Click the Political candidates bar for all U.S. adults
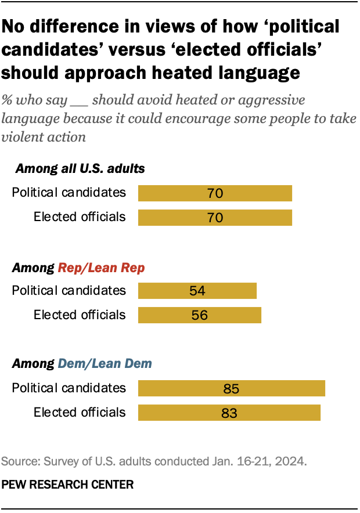(214, 193)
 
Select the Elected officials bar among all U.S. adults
(214, 218)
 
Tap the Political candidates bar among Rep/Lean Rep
(197, 291)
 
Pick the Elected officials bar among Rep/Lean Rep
(199, 315)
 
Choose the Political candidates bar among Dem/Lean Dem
(231, 388)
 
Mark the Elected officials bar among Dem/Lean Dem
(229, 413)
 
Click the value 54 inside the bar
(197, 291)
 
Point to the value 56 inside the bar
(200, 316)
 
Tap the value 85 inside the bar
(231, 389)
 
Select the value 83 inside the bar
(229, 413)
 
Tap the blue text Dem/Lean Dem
(105, 364)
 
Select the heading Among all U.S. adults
(80, 169)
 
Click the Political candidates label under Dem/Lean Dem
(69, 388)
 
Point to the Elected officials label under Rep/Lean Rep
(80, 315)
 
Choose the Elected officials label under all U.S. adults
(80, 217)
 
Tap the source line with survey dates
(154, 462)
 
